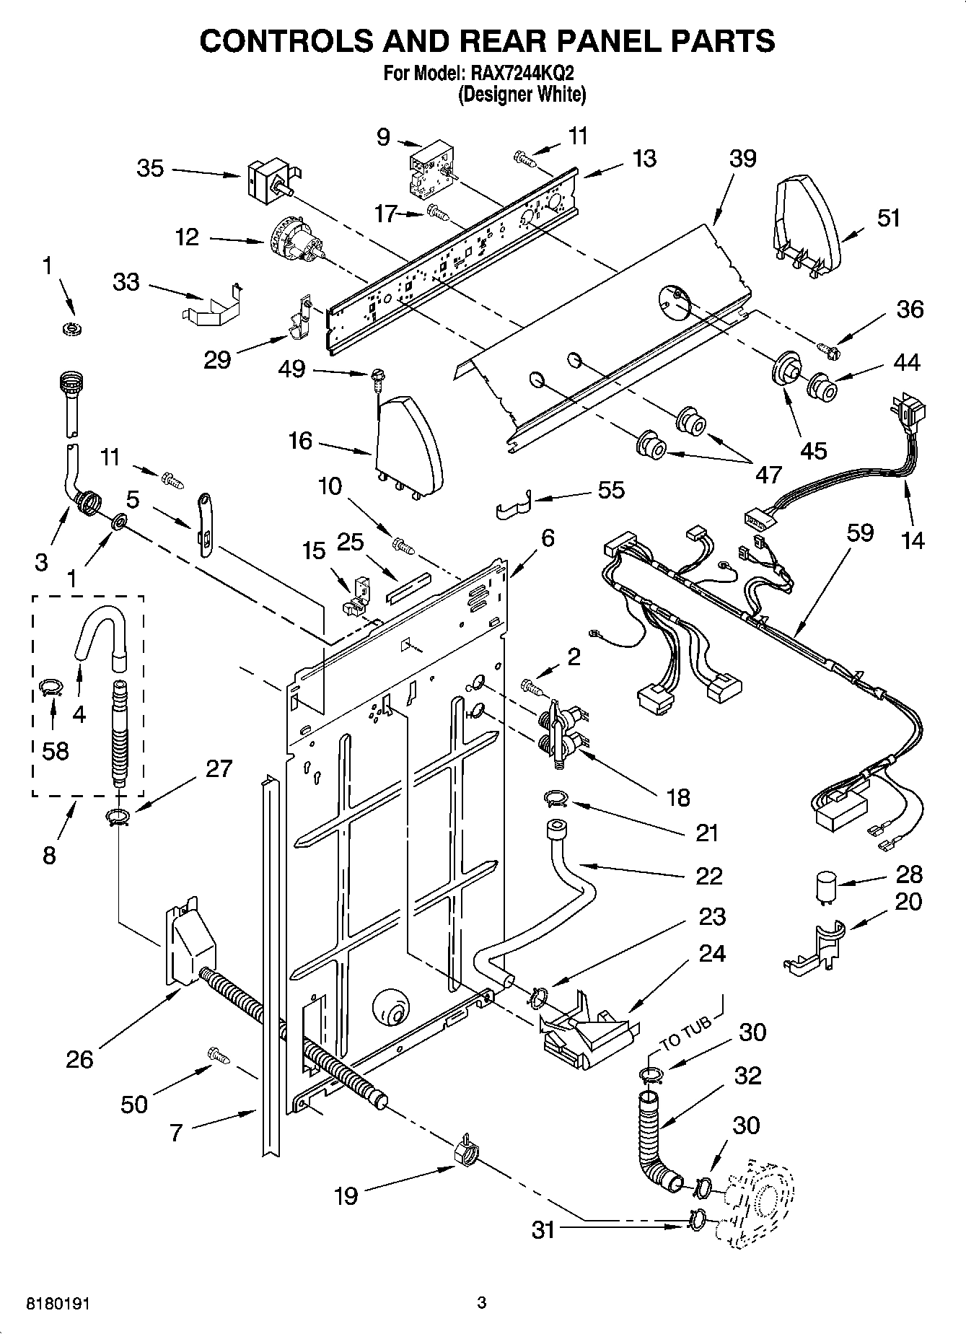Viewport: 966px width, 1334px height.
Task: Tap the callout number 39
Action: (x=742, y=159)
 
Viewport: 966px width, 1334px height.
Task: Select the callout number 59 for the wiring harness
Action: (x=860, y=533)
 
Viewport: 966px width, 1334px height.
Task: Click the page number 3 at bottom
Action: (x=482, y=1303)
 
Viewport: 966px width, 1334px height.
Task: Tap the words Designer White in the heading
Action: (x=522, y=95)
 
